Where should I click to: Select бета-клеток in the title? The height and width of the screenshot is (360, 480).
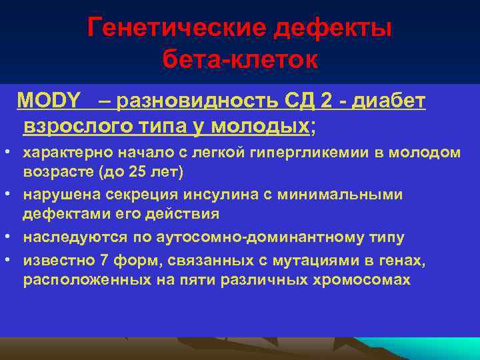pos(240,61)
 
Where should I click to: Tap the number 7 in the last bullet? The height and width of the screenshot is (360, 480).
pos(102,259)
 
